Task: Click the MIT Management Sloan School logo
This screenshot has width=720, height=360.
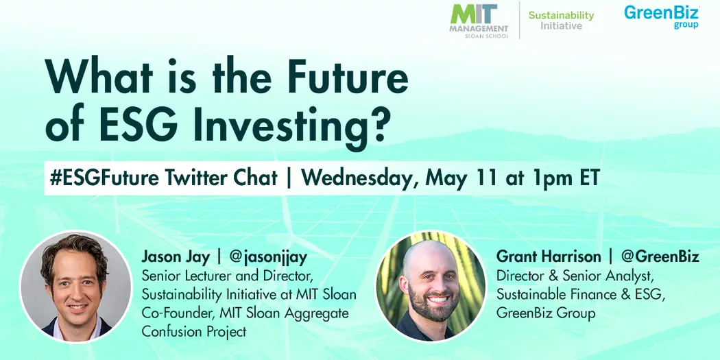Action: (478, 21)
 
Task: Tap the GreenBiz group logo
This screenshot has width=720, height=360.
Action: (660, 16)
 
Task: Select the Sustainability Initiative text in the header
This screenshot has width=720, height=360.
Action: (561, 21)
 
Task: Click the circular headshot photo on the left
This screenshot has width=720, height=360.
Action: (75, 286)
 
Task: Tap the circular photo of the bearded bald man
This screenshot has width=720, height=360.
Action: (431, 286)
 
